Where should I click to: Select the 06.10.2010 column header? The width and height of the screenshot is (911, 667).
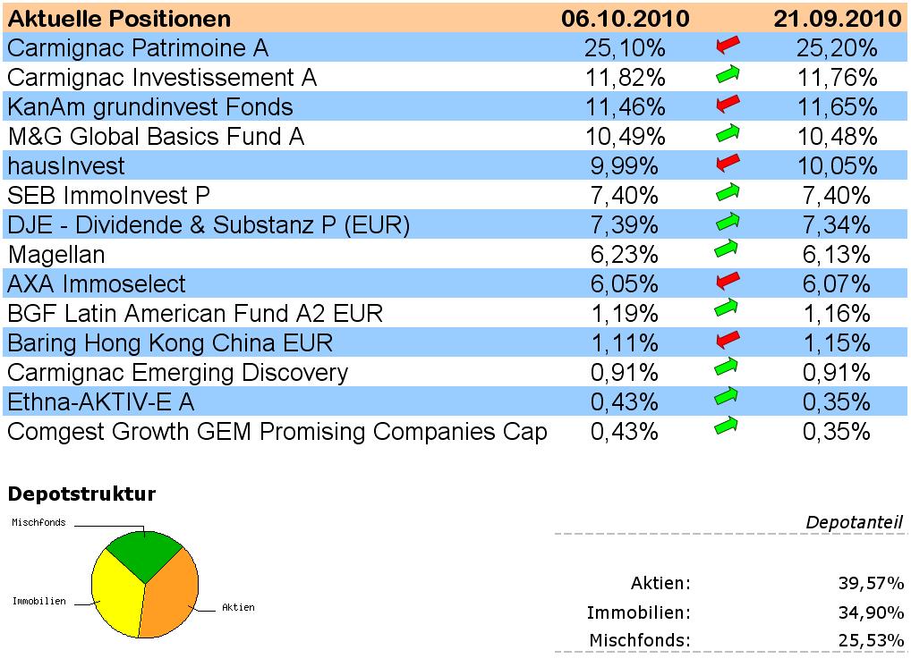click(x=625, y=18)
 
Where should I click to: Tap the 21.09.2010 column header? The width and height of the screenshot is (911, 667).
click(x=837, y=18)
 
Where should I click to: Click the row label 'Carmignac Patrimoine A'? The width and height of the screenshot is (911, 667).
click(x=137, y=47)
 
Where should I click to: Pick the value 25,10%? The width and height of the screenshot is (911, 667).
click(x=625, y=47)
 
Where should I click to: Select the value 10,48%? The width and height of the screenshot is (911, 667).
click(x=837, y=136)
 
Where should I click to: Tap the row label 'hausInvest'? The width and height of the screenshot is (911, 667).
click(x=66, y=165)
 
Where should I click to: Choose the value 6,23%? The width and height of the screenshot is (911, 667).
click(x=625, y=254)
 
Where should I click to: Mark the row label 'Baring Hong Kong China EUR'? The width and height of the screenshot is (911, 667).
click(x=170, y=342)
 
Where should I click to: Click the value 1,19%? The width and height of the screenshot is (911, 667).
click(x=625, y=313)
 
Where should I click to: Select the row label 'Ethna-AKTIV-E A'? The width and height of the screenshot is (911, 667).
click(x=100, y=401)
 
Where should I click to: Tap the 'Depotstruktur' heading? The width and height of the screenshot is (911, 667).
click(x=81, y=494)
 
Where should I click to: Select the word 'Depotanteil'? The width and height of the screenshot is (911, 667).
click(x=854, y=522)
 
